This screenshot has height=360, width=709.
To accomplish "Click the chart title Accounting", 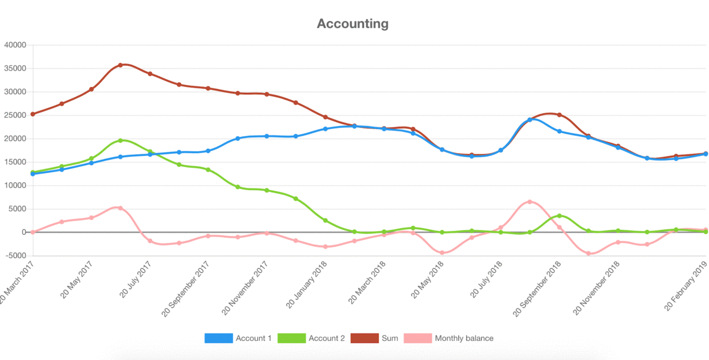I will (353, 24).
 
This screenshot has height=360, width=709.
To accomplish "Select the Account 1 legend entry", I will (238, 338).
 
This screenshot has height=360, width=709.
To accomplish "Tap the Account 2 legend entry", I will (311, 338).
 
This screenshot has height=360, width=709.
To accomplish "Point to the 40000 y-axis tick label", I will (15, 45).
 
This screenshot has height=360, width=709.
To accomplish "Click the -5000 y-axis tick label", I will (15, 256).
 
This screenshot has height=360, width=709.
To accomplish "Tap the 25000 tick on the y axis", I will (15, 115).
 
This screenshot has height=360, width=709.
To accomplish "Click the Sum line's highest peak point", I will (121, 65).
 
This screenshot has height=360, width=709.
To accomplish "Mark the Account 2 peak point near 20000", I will (121, 140).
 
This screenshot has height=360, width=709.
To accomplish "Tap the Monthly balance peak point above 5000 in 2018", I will (530, 202).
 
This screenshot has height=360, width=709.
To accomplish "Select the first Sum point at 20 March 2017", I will (33, 114).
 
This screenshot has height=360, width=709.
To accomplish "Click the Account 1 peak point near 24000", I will (530, 120).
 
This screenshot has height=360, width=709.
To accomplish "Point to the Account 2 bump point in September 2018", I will (559, 216).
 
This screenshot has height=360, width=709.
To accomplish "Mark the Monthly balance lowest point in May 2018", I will (442, 253).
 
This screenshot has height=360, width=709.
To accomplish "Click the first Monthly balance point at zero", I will (33, 232).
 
